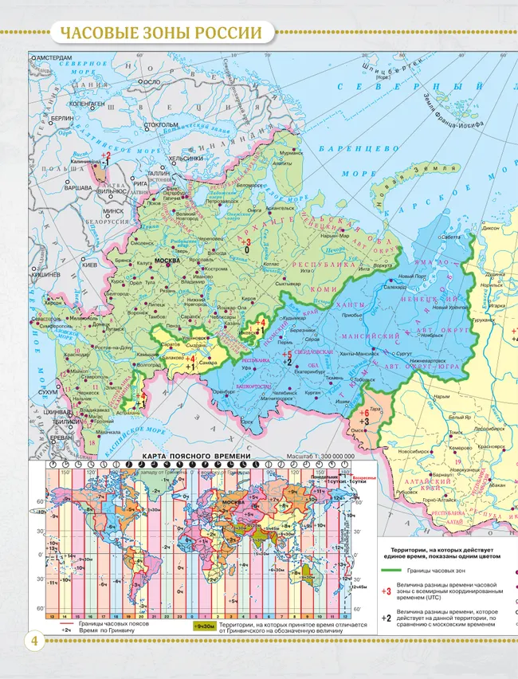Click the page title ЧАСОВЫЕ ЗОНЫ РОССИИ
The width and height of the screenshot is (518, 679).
[x=161, y=33]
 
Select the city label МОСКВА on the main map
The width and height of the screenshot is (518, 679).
[x=167, y=261]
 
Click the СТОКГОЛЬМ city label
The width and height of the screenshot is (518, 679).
[x=161, y=125]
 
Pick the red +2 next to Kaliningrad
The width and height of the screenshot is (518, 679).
[x=105, y=155]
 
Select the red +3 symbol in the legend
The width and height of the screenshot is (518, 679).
[x=387, y=591]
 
